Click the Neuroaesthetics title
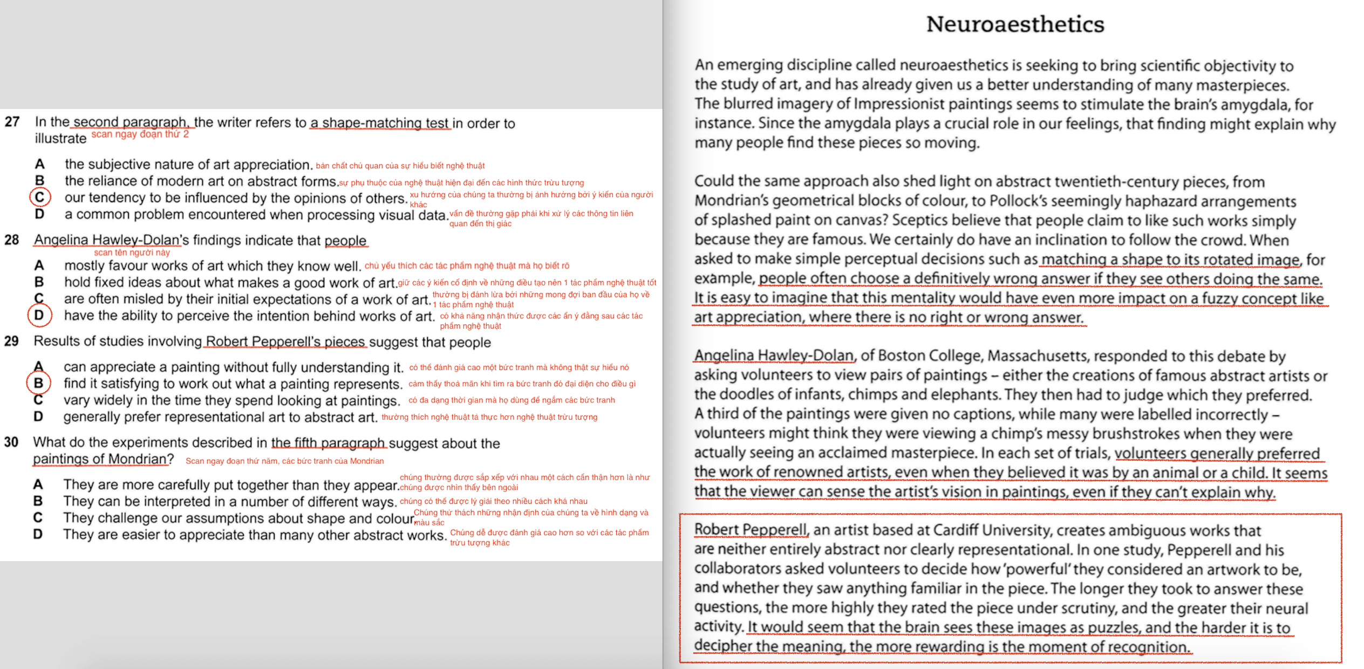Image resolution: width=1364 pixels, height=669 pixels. (x=1015, y=24)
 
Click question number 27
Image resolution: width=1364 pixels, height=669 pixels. (x=12, y=122)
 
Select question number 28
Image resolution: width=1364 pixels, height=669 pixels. (x=11, y=240)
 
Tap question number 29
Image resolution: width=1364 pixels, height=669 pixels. (x=11, y=341)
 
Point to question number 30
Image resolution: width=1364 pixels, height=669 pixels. (x=11, y=442)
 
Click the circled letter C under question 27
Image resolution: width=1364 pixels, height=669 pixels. (x=40, y=197)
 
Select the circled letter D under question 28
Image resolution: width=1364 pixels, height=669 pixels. (x=39, y=315)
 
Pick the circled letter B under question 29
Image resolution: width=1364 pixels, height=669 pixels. (x=39, y=383)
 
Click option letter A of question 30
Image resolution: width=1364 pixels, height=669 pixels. (x=38, y=484)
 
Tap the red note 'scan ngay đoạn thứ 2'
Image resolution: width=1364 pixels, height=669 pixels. (x=140, y=134)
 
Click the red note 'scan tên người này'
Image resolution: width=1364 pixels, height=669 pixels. (x=132, y=252)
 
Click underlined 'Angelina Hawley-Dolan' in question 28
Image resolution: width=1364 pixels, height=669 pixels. (x=106, y=240)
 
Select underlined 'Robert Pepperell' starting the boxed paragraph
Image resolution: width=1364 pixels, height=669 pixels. (x=751, y=529)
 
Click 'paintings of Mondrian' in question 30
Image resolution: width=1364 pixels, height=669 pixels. (x=100, y=459)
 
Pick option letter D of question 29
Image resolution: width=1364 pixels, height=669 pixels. (x=38, y=417)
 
